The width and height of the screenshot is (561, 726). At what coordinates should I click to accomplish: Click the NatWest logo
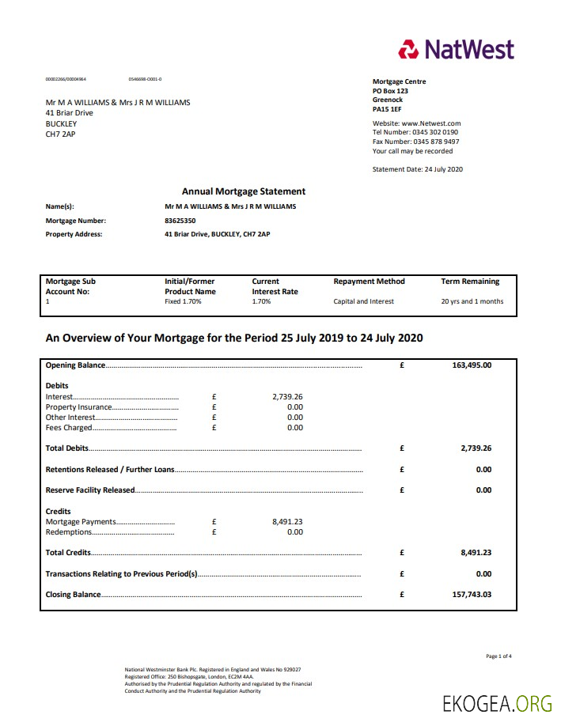(x=456, y=50)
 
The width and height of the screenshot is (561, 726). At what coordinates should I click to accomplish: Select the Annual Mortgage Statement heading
(x=243, y=191)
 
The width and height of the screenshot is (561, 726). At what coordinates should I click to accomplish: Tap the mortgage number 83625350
(x=180, y=221)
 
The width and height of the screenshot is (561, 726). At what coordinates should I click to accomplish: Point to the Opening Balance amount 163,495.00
(x=472, y=365)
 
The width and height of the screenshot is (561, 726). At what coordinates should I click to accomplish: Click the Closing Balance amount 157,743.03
(x=472, y=595)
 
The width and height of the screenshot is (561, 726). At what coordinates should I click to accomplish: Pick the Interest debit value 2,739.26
(x=287, y=397)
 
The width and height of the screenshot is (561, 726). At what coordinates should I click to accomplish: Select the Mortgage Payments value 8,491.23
(x=287, y=522)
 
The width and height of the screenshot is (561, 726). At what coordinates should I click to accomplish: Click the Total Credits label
(x=68, y=553)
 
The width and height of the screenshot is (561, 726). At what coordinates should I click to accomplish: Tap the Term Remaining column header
(x=470, y=282)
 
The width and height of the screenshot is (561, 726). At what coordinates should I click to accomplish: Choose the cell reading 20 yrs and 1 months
(x=472, y=301)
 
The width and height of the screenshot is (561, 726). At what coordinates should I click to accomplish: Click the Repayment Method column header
(x=369, y=282)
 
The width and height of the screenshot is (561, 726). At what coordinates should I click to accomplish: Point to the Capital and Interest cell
(x=363, y=301)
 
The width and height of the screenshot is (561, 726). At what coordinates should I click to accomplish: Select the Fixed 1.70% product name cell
(x=183, y=301)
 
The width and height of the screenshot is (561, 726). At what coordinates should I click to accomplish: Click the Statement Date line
(x=417, y=169)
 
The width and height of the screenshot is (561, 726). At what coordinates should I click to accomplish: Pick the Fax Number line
(x=415, y=142)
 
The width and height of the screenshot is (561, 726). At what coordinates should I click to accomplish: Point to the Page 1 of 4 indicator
(x=498, y=656)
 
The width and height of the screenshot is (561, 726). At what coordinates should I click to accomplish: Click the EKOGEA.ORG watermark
(x=498, y=703)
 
